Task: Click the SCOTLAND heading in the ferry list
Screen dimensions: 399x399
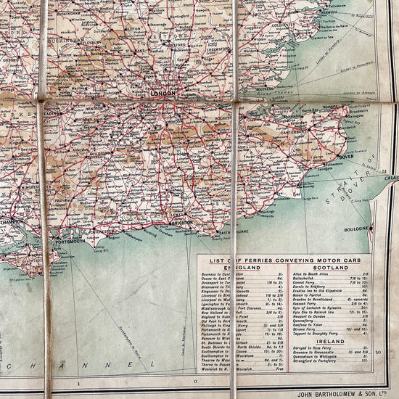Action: tap(326, 268)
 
